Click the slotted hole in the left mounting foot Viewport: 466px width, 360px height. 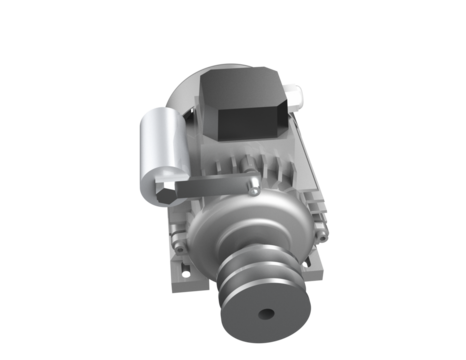[186, 267]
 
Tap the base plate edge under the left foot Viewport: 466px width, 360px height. [190, 284]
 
